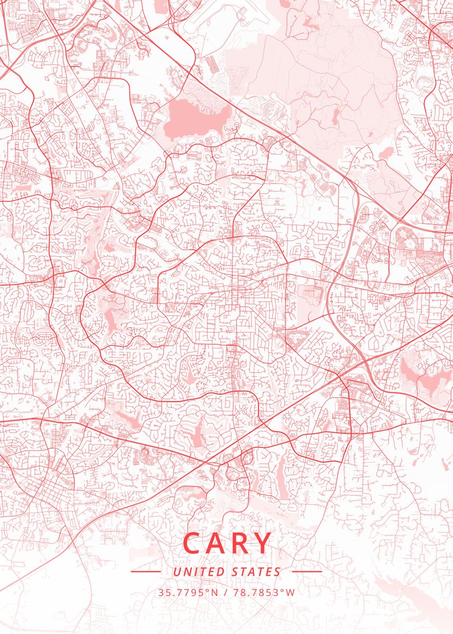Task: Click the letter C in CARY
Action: [x=193, y=543]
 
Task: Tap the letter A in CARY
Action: [x=218, y=543]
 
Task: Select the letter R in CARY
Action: [x=241, y=543]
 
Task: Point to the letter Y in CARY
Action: [x=263, y=543]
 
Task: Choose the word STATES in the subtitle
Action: [x=256, y=572]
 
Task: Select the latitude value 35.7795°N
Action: [x=188, y=592]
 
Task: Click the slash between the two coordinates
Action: [x=226, y=592]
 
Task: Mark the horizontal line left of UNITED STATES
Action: [x=145, y=572]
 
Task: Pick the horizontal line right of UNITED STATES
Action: [x=307, y=572]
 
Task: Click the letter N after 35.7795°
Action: [x=214, y=592]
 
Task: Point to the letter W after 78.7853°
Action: [x=290, y=592]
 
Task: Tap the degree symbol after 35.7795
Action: [x=208, y=590]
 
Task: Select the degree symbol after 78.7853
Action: [x=283, y=590]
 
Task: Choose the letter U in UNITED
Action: [x=177, y=572]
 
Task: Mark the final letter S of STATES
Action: [x=278, y=572]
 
